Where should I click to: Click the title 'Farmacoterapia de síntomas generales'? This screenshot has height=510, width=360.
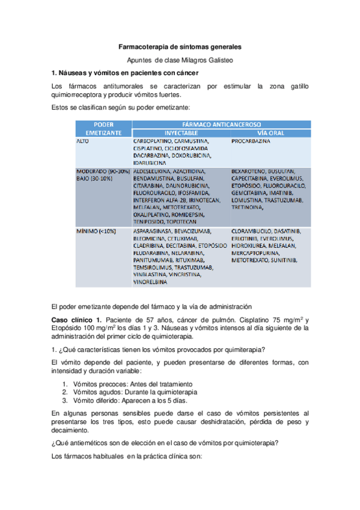tap(180, 46)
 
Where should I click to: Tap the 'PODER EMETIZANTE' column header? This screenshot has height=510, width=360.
tap(100, 127)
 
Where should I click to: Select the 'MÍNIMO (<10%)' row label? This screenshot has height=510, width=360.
tap(97, 231)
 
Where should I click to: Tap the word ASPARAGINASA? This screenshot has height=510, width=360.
tap(153, 231)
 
